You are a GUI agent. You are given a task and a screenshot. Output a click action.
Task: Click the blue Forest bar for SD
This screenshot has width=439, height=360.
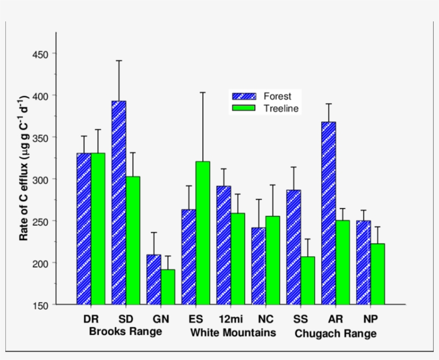point(118,203)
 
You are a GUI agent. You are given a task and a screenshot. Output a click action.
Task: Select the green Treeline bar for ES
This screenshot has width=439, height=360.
point(203,233)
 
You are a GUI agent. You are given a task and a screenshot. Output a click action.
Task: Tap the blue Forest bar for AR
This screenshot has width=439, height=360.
point(329,213)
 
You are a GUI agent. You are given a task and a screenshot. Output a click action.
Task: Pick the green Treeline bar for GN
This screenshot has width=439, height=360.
point(168,287)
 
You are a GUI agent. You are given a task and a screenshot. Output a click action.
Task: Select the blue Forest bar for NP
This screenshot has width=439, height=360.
point(364,263)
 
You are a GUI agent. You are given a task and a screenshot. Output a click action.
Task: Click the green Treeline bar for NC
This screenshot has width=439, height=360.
point(273,260)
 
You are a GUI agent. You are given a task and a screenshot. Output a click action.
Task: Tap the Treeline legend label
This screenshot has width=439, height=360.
point(281,109)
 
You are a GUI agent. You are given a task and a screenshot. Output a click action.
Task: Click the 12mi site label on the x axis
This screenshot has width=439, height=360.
point(231,319)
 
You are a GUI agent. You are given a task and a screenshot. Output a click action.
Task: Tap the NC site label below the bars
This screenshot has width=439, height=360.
point(266,319)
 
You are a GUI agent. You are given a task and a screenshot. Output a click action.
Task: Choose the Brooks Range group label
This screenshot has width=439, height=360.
point(125,332)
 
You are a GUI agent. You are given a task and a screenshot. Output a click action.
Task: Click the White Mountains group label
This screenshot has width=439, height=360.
point(233,333)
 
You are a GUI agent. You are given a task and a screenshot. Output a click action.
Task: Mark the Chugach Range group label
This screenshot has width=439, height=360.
point(335,334)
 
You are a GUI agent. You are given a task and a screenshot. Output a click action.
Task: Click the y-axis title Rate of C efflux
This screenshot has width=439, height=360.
point(25,168)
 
